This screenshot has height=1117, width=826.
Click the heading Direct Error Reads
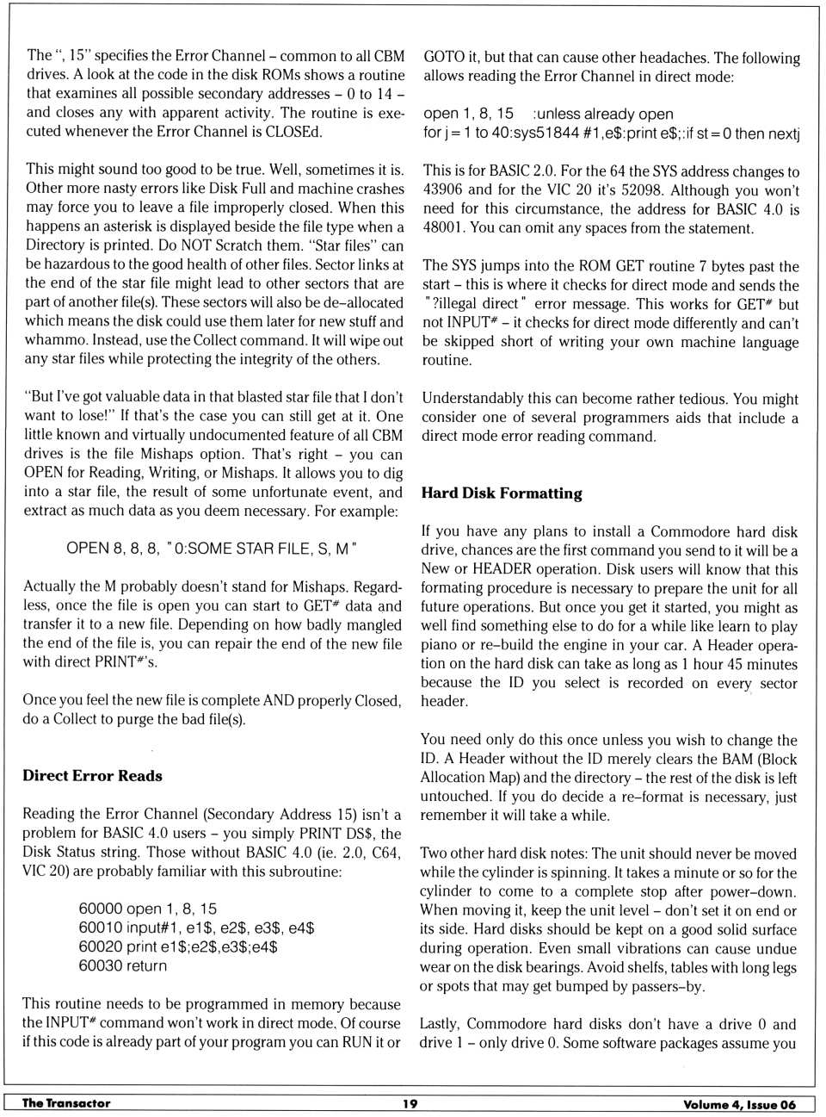[x=92, y=775]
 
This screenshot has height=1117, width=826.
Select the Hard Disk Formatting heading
[x=502, y=493]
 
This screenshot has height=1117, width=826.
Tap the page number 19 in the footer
[x=410, y=1103]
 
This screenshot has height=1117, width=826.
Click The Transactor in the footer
[x=66, y=1103]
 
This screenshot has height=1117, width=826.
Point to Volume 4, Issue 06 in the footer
[x=739, y=1104]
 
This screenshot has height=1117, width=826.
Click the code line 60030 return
[x=123, y=965]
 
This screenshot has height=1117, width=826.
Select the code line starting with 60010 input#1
[x=196, y=928]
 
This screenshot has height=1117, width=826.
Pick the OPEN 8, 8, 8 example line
[x=212, y=549]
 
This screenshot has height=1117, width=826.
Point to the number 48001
[x=443, y=228]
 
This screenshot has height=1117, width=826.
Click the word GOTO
[x=443, y=57]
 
